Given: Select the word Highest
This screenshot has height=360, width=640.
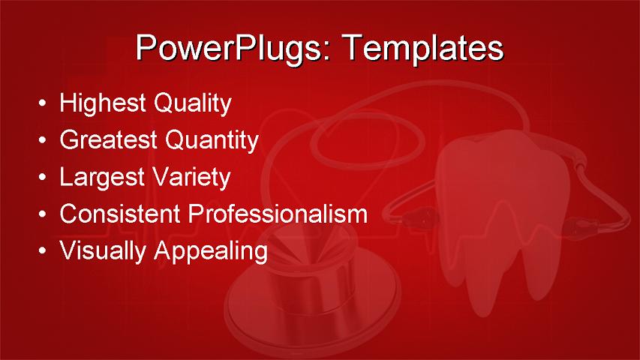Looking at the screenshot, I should point(103,103).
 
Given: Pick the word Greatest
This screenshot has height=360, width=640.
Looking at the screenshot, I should point(109,140).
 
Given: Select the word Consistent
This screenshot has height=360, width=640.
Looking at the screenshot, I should point(121,214).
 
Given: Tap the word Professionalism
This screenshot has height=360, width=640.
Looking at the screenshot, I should point(278,214).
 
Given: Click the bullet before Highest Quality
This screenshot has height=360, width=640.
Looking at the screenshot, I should point(44,103).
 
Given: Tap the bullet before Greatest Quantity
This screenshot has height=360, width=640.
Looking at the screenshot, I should point(44,140).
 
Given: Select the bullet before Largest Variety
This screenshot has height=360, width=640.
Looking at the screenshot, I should point(44,178).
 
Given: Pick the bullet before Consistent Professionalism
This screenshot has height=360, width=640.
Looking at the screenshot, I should point(44,214).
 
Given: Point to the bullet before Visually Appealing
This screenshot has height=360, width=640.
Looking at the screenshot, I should point(44,251).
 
